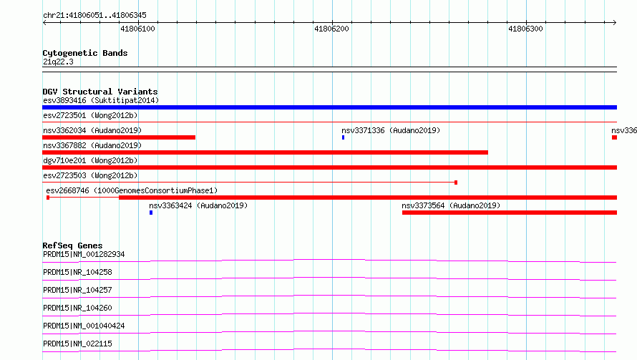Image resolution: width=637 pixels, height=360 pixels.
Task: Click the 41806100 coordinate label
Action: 137,29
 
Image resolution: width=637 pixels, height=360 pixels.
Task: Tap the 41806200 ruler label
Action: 331,29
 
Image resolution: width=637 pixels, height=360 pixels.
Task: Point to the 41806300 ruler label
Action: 525,29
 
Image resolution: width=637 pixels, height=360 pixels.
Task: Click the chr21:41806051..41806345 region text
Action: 94,16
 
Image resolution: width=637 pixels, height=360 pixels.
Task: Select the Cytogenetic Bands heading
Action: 85,53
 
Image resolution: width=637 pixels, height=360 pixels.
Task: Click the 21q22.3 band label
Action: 58,62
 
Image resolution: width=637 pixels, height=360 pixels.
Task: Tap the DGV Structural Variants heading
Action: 100,92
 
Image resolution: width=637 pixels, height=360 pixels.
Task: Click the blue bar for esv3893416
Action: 329,107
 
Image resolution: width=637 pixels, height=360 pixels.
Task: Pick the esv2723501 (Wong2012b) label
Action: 90,115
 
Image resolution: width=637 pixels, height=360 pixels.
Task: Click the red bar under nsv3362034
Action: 119,137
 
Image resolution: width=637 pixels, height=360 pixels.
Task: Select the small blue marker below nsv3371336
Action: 344,137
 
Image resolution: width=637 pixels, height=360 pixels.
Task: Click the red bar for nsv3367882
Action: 265,152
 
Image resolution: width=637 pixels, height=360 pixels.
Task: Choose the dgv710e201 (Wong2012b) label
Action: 90,160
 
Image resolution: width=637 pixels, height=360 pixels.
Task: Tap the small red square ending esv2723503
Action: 456,183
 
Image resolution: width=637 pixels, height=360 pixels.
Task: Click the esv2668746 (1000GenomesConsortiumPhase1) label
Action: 132,190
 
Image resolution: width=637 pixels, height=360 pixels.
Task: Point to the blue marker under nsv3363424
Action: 151,213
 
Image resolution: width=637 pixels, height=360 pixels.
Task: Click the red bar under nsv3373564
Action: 510,213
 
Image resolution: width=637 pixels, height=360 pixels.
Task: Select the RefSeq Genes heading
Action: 72,245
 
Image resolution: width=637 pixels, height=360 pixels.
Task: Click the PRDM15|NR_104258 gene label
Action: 77,272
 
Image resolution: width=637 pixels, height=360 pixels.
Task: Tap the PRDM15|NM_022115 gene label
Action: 77,344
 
